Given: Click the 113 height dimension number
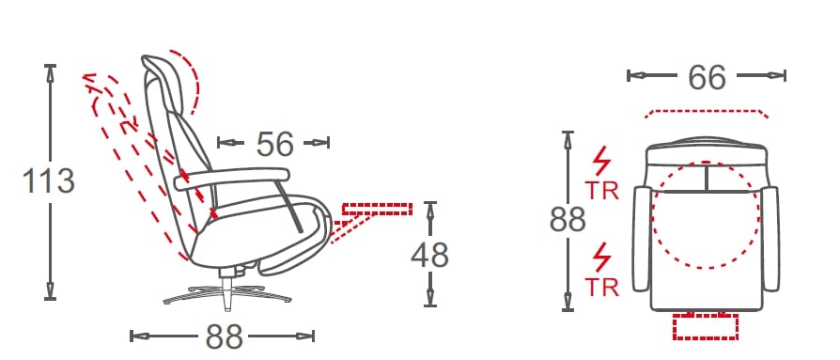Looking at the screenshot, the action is [48, 180].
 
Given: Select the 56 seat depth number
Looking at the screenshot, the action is [274, 144].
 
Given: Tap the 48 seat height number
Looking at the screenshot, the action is [429, 255].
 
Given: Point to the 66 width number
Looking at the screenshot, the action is [708, 77].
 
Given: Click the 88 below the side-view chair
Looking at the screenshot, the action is [224, 337].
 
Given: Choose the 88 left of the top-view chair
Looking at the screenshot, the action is [568, 219].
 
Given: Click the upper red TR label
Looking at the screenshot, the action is [601, 191].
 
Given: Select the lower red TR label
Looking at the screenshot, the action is [601, 288].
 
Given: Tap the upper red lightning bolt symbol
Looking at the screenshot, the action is [601, 161].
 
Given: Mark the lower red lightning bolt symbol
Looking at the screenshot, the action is [601, 258].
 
